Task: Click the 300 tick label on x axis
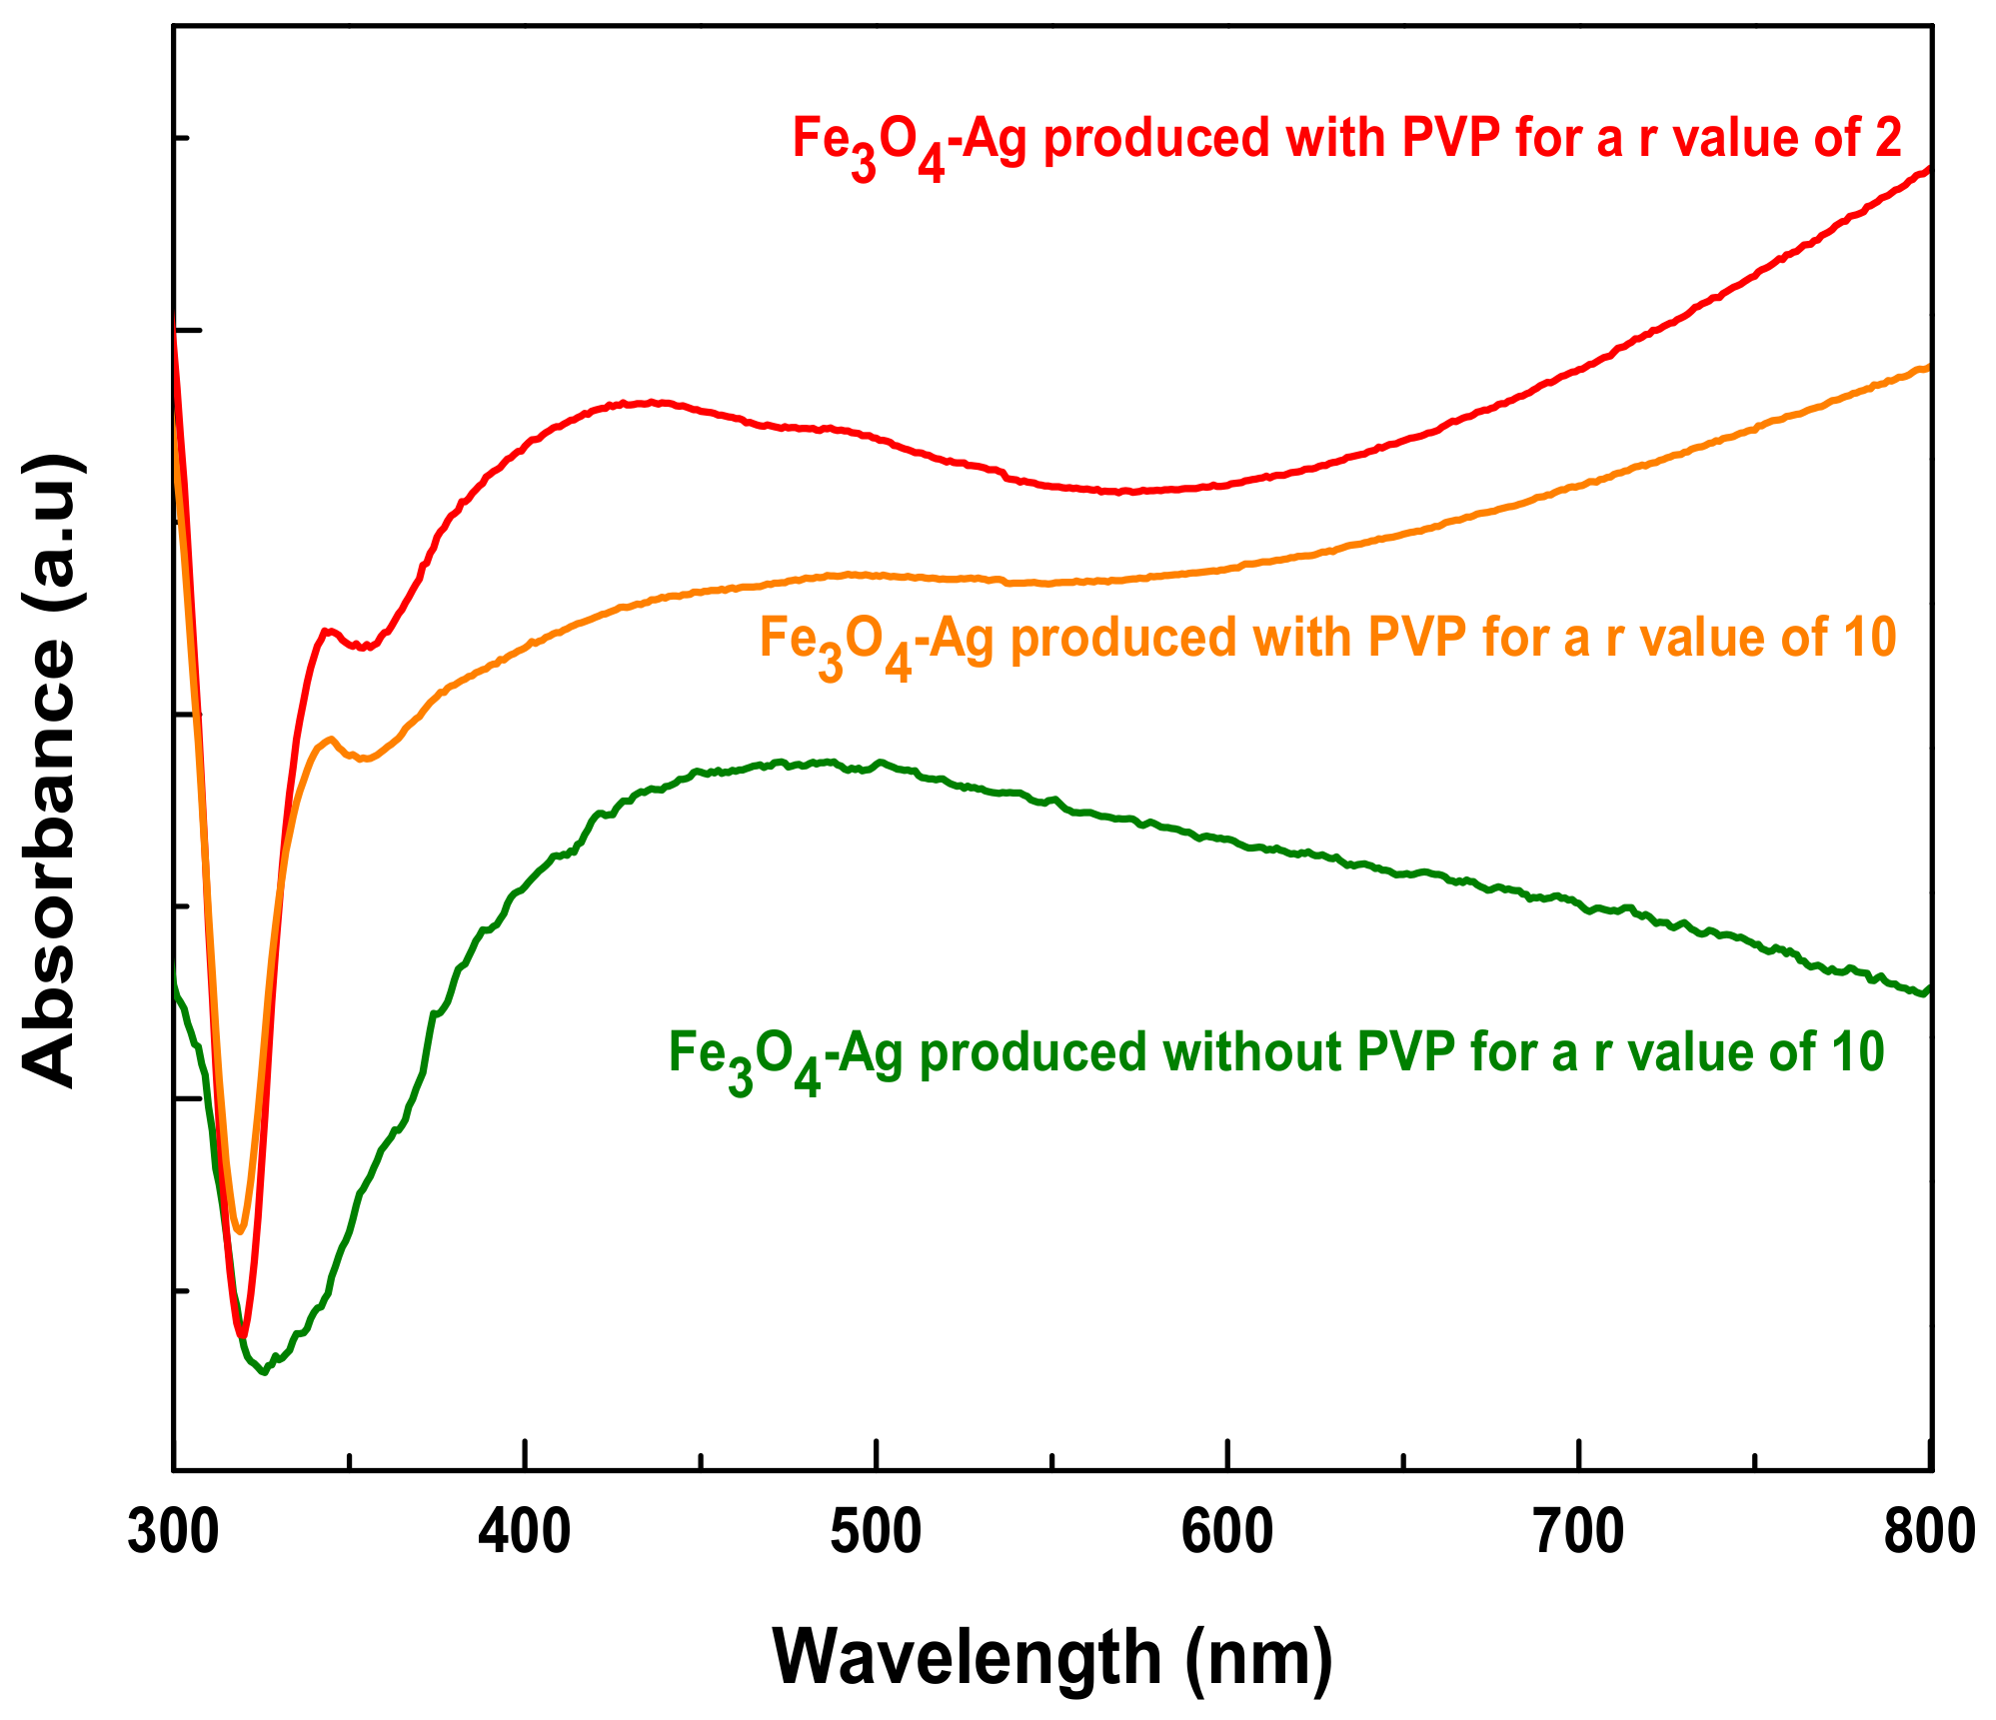[x=174, y=1532]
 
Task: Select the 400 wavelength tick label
[x=525, y=1532]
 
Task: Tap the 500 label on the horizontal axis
[x=876, y=1532]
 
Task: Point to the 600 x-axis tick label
[x=1226, y=1532]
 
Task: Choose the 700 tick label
[x=1578, y=1532]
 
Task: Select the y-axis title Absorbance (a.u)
[x=50, y=771]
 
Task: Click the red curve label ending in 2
[x=1346, y=140]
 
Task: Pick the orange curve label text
[x=1327, y=640]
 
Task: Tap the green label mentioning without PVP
[x=1275, y=1055]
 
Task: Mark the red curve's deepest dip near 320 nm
[x=241, y=1334]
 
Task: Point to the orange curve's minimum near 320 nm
[x=238, y=1230]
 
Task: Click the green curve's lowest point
[x=264, y=1372]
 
